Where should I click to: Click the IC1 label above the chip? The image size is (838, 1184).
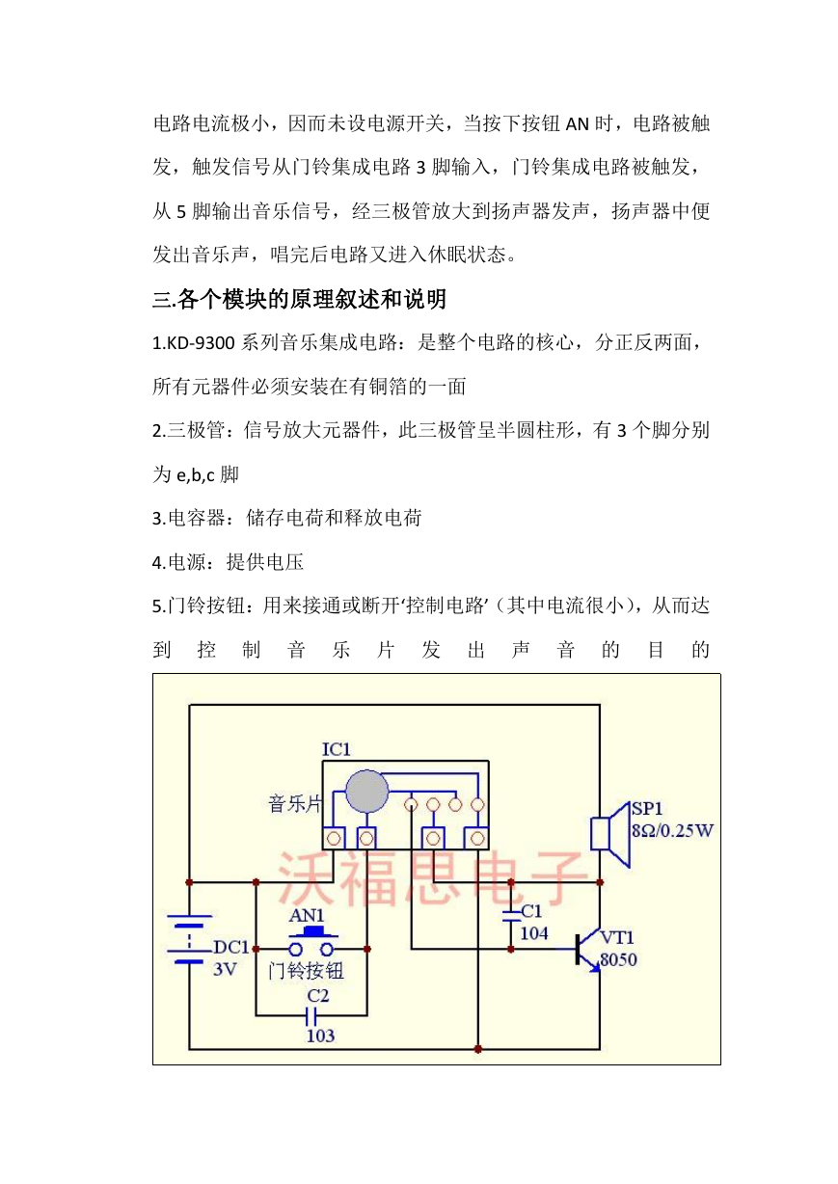pos(337,749)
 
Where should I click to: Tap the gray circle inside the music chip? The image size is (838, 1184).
pos(366,792)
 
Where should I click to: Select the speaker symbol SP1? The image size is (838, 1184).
pos(610,835)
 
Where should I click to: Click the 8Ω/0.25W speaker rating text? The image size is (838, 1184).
pos(672,830)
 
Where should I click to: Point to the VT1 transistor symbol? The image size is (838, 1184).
pos(588,950)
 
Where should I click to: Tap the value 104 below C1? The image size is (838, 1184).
pos(534,933)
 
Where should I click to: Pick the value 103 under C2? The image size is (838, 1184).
pos(320,1036)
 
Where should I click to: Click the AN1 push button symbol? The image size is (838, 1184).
pos(311,944)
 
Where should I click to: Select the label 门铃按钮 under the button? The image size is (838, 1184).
pos(306,971)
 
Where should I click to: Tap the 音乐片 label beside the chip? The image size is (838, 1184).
pos(295,803)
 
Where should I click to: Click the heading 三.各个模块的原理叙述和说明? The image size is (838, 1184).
pos(299,299)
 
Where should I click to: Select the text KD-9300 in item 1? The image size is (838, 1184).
pos(201,343)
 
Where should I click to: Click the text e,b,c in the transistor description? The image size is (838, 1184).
pos(196,475)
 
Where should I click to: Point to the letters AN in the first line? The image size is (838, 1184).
pos(578,124)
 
